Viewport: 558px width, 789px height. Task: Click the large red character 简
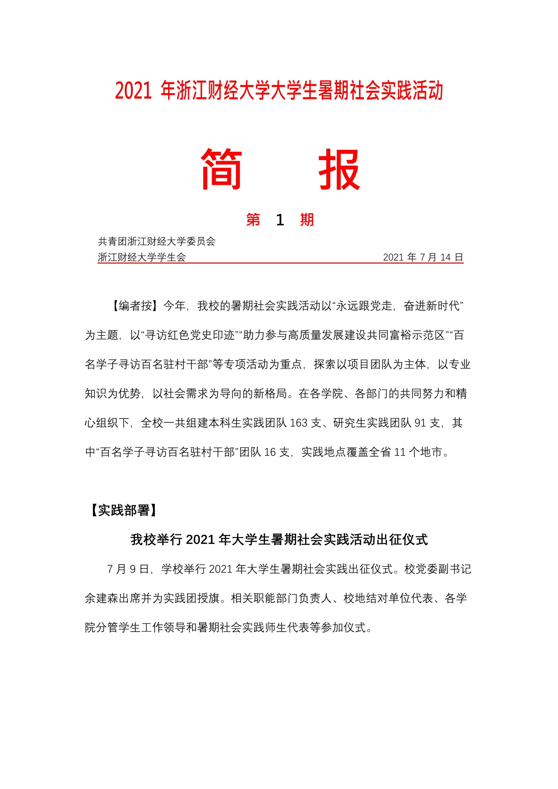click(221, 169)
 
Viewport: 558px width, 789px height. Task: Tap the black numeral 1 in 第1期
click(280, 220)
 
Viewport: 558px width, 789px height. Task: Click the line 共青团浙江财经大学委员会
click(157, 242)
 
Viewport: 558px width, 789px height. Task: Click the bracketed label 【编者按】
click(135, 306)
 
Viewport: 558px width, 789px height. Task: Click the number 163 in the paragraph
click(298, 423)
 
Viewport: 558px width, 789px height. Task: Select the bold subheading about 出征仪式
click(279, 540)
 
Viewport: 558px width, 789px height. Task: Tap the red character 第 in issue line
click(253, 220)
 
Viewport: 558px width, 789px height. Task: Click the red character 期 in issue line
click(307, 220)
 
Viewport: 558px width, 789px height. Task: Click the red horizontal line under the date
click(280, 263)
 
